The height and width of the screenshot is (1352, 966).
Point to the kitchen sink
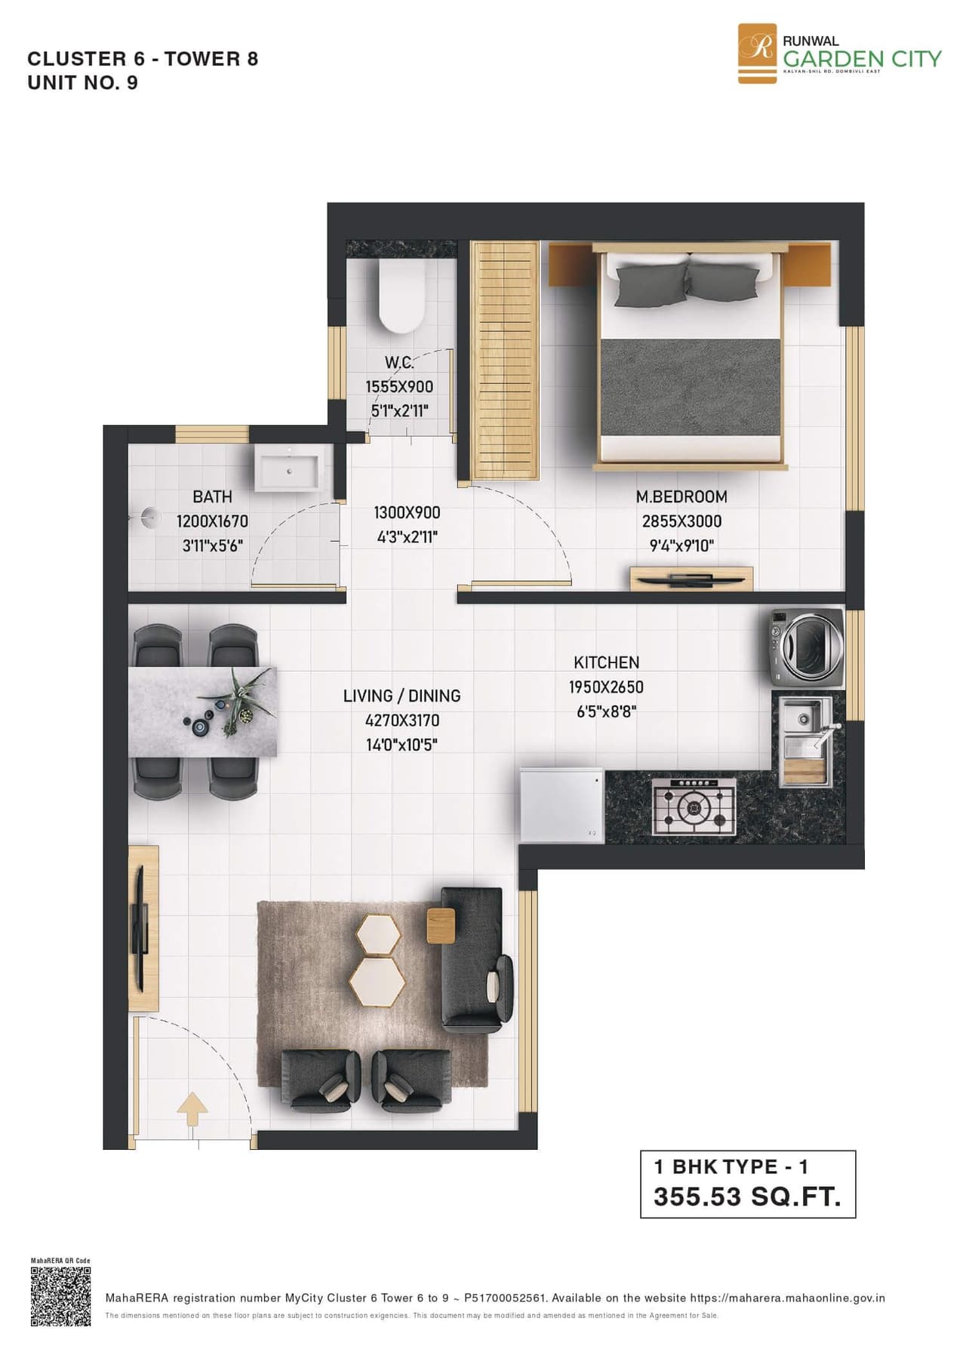tap(805, 739)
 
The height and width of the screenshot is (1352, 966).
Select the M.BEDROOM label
tap(681, 496)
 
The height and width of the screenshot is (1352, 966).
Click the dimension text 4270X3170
tap(401, 720)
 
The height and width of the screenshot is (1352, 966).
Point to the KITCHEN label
tap(606, 662)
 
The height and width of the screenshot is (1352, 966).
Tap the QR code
tap(60, 1297)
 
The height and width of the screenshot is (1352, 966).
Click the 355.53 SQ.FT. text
tap(747, 1197)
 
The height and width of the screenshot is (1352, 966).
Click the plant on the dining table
tap(243, 697)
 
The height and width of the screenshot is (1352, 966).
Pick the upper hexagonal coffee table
tap(378, 933)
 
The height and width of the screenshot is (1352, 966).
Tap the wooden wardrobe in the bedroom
tap(504, 360)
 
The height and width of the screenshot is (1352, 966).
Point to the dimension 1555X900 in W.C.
tap(399, 386)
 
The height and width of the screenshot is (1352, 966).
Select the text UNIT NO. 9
tap(83, 83)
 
